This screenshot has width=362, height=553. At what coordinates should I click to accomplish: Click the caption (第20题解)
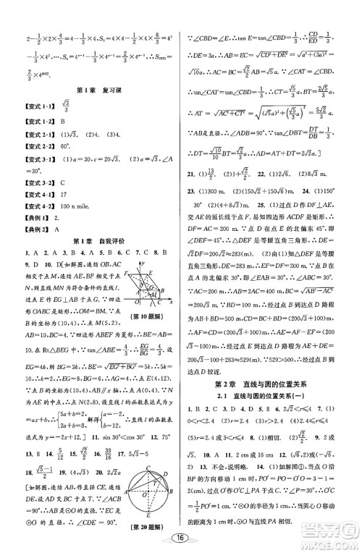[x=142, y=516]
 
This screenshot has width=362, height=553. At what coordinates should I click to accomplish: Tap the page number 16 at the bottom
[x=180, y=537]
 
